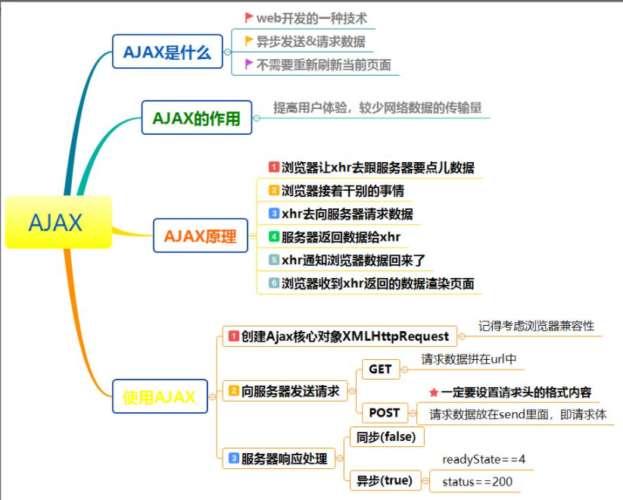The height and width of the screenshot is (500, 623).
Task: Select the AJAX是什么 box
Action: [x=167, y=52]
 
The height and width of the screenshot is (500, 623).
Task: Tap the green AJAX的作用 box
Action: [x=197, y=117]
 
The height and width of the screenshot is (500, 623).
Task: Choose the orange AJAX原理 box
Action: [x=200, y=236]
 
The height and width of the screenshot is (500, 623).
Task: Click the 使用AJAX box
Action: [x=160, y=396]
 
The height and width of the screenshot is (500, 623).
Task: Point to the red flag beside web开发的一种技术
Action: [x=249, y=17]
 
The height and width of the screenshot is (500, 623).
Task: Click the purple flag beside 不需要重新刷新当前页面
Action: [x=249, y=64]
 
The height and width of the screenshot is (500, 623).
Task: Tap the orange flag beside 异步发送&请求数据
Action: [x=249, y=41]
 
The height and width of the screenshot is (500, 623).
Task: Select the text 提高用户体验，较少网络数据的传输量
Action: [x=378, y=108]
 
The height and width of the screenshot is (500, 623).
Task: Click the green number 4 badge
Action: [x=274, y=236]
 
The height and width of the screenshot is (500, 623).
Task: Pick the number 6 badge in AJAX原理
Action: [x=274, y=283]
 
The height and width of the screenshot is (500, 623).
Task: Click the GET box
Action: [x=380, y=369]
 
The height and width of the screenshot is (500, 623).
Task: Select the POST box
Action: [x=384, y=413]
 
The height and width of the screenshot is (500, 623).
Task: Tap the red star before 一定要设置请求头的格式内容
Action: [x=434, y=392]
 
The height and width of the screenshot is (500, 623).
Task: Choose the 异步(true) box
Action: [x=385, y=480]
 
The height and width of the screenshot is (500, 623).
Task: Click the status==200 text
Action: [x=477, y=482]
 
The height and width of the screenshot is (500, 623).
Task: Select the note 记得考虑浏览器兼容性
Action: [x=536, y=326]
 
